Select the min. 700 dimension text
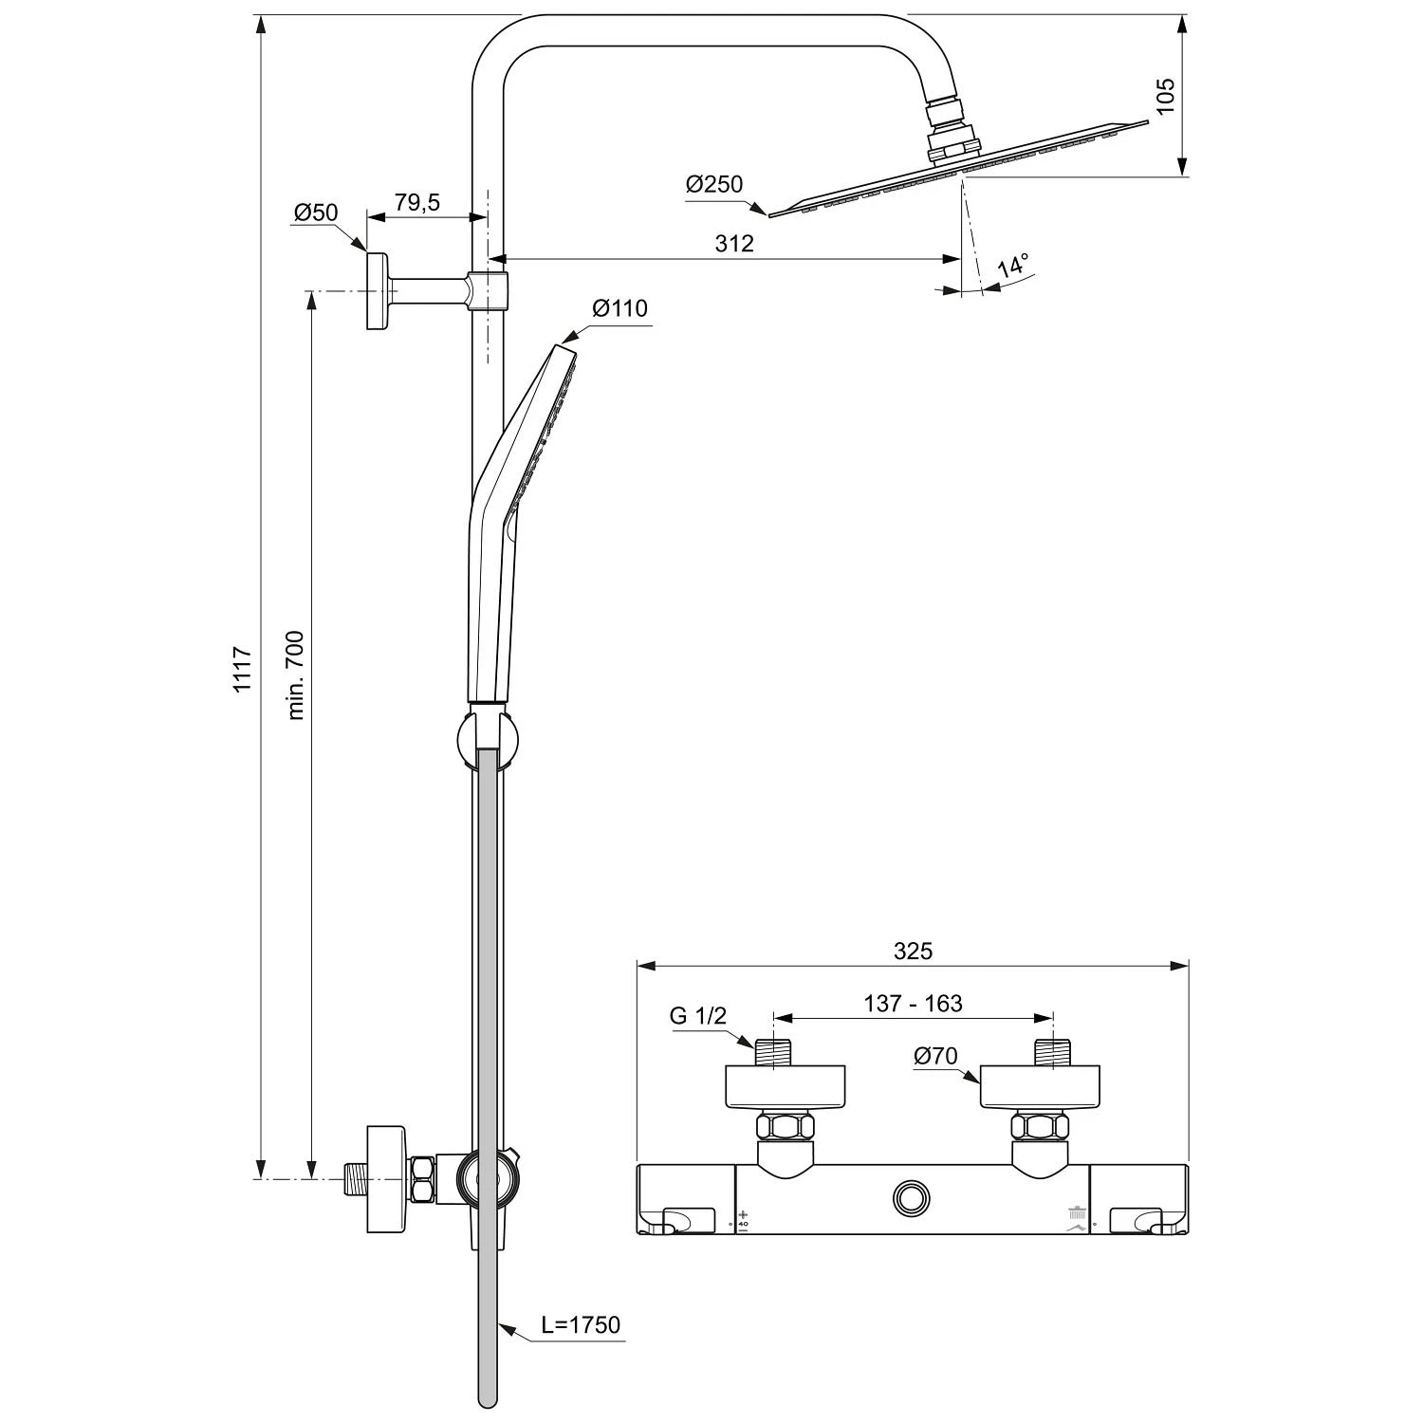[x=295, y=675]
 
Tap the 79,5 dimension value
[x=417, y=203]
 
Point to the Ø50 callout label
[x=316, y=213]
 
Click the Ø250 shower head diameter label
[x=714, y=184]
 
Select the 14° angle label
[x=1013, y=267]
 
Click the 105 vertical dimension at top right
[x=1166, y=96]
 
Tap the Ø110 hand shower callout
[x=619, y=308]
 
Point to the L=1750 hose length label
[x=581, y=1324]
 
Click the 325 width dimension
[x=913, y=951]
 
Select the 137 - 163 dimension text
[x=913, y=1004]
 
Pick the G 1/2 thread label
[x=698, y=1016]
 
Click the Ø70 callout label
[x=935, y=1056]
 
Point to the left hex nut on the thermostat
[x=785, y=1128]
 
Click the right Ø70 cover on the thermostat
[x=1041, y=1087]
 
